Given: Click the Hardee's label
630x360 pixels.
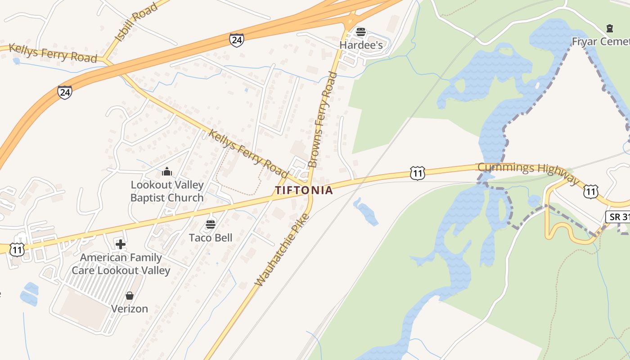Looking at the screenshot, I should click(361, 45).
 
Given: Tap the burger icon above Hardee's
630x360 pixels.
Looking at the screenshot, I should click(361, 32).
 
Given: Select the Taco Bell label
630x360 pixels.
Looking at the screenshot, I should click(211, 238).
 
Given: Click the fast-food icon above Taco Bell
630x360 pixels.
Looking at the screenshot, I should click(211, 224).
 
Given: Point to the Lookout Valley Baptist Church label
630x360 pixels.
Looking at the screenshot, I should click(167, 191).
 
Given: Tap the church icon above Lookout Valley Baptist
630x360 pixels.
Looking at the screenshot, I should click(167, 171).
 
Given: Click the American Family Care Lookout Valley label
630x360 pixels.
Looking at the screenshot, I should click(121, 264).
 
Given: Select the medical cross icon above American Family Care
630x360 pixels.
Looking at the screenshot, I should click(121, 244).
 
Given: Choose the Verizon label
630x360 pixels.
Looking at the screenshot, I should click(130, 309).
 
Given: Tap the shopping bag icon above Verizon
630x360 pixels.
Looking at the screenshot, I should click(130, 296).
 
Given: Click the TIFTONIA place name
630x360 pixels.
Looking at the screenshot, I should click(304, 190).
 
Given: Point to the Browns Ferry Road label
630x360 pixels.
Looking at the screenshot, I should click(322, 120).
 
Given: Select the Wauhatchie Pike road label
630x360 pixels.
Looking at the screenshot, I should click(282, 250).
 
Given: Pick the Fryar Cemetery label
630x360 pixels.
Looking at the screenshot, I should click(600, 42).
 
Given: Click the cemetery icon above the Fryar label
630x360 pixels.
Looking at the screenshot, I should click(609, 29).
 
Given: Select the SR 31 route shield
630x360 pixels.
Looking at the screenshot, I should click(617, 217).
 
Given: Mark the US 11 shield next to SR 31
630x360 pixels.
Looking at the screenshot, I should click(590, 191).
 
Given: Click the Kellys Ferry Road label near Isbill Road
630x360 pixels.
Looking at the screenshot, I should click(53, 53).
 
